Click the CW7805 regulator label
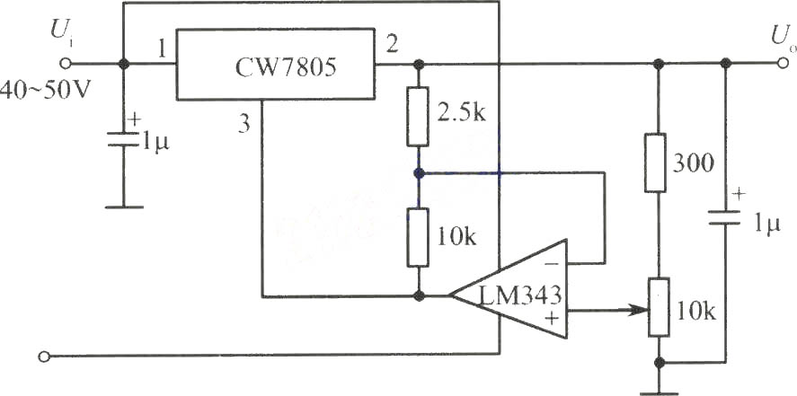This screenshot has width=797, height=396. [285, 67]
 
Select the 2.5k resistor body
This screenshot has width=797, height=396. [419, 116]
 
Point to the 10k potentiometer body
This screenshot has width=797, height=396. [659, 306]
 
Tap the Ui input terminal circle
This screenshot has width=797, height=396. [65, 64]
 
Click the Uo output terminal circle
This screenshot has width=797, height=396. [784, 63]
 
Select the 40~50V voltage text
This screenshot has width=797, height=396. [46, 91]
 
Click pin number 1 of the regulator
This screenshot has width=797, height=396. [161, 48]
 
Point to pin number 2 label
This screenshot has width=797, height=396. [392, 46]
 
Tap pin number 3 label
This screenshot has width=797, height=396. [244, 125]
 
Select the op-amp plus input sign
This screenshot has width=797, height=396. [551, 318]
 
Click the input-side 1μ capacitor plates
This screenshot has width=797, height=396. [123, 139]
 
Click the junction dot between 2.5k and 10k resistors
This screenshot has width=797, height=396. [419, 173]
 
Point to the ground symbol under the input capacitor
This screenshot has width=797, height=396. [123, 207]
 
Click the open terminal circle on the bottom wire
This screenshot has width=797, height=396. [44, 356]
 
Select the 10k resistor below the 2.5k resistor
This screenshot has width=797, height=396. [419, 237]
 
